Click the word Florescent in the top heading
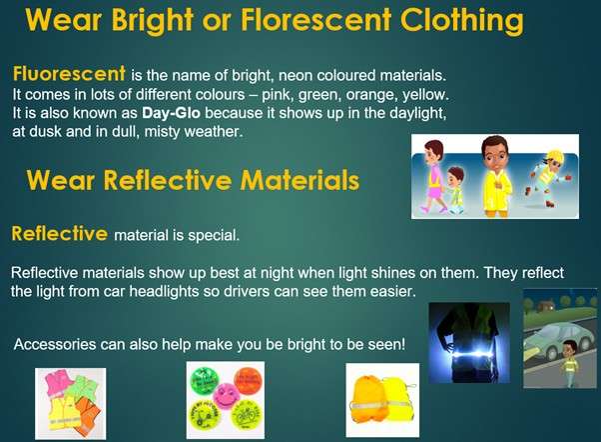pyautogui.click(x=316, y=20)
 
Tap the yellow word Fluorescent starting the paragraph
pyautogui.click(x=69, y=73)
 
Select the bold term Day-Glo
pyautogui.click(x=171, y=113)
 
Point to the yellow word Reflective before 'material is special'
pyautogui.click(x=60, y=233)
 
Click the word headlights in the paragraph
pyautogui.click(x=164, y=291)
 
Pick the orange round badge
pyautogui.click(x=248, y=381)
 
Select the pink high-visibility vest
pyautogui.click(x=59, y=382)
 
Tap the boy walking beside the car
pyautogui.click(x=570, y=362)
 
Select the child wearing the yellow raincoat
pyautogui.click(x=496, y=177)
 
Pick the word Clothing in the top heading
pyautogui.click(x=461, y=21)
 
